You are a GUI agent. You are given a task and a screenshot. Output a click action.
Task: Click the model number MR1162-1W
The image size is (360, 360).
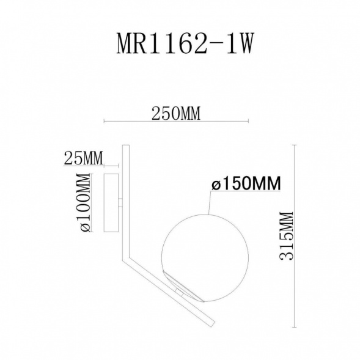[x=180, y=46]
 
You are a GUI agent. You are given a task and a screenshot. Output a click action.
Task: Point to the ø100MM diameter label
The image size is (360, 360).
[x=84, y=202]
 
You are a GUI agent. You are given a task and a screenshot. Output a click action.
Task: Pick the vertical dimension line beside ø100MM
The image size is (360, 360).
[x=94, y=202]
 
